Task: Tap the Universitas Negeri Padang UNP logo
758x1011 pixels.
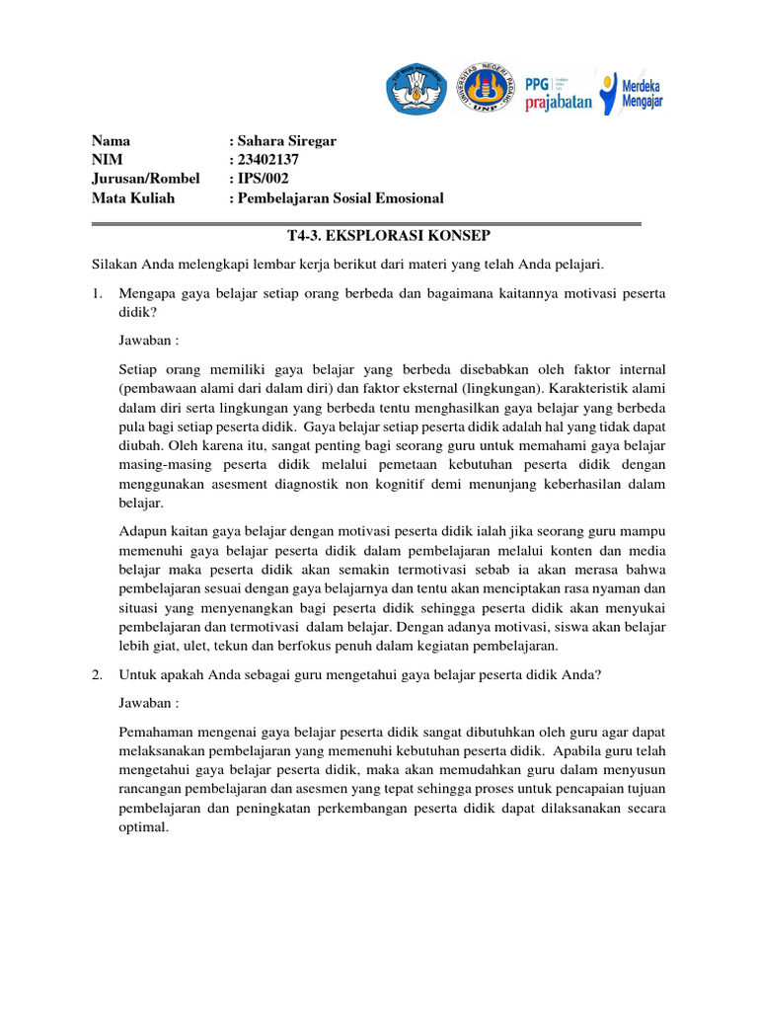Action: (484, 89)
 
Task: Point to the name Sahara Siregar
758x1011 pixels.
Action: (286, 140)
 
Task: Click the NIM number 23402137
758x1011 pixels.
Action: (266, 159)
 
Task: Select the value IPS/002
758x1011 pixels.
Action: (260, 179)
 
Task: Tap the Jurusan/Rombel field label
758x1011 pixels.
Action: (145, 179)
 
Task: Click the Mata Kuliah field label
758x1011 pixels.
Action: (133, 197)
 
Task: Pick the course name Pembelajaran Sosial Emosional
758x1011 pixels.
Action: (340, 197)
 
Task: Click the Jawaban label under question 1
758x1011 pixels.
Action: (148, 340)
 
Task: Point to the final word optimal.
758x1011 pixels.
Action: (143, 828)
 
